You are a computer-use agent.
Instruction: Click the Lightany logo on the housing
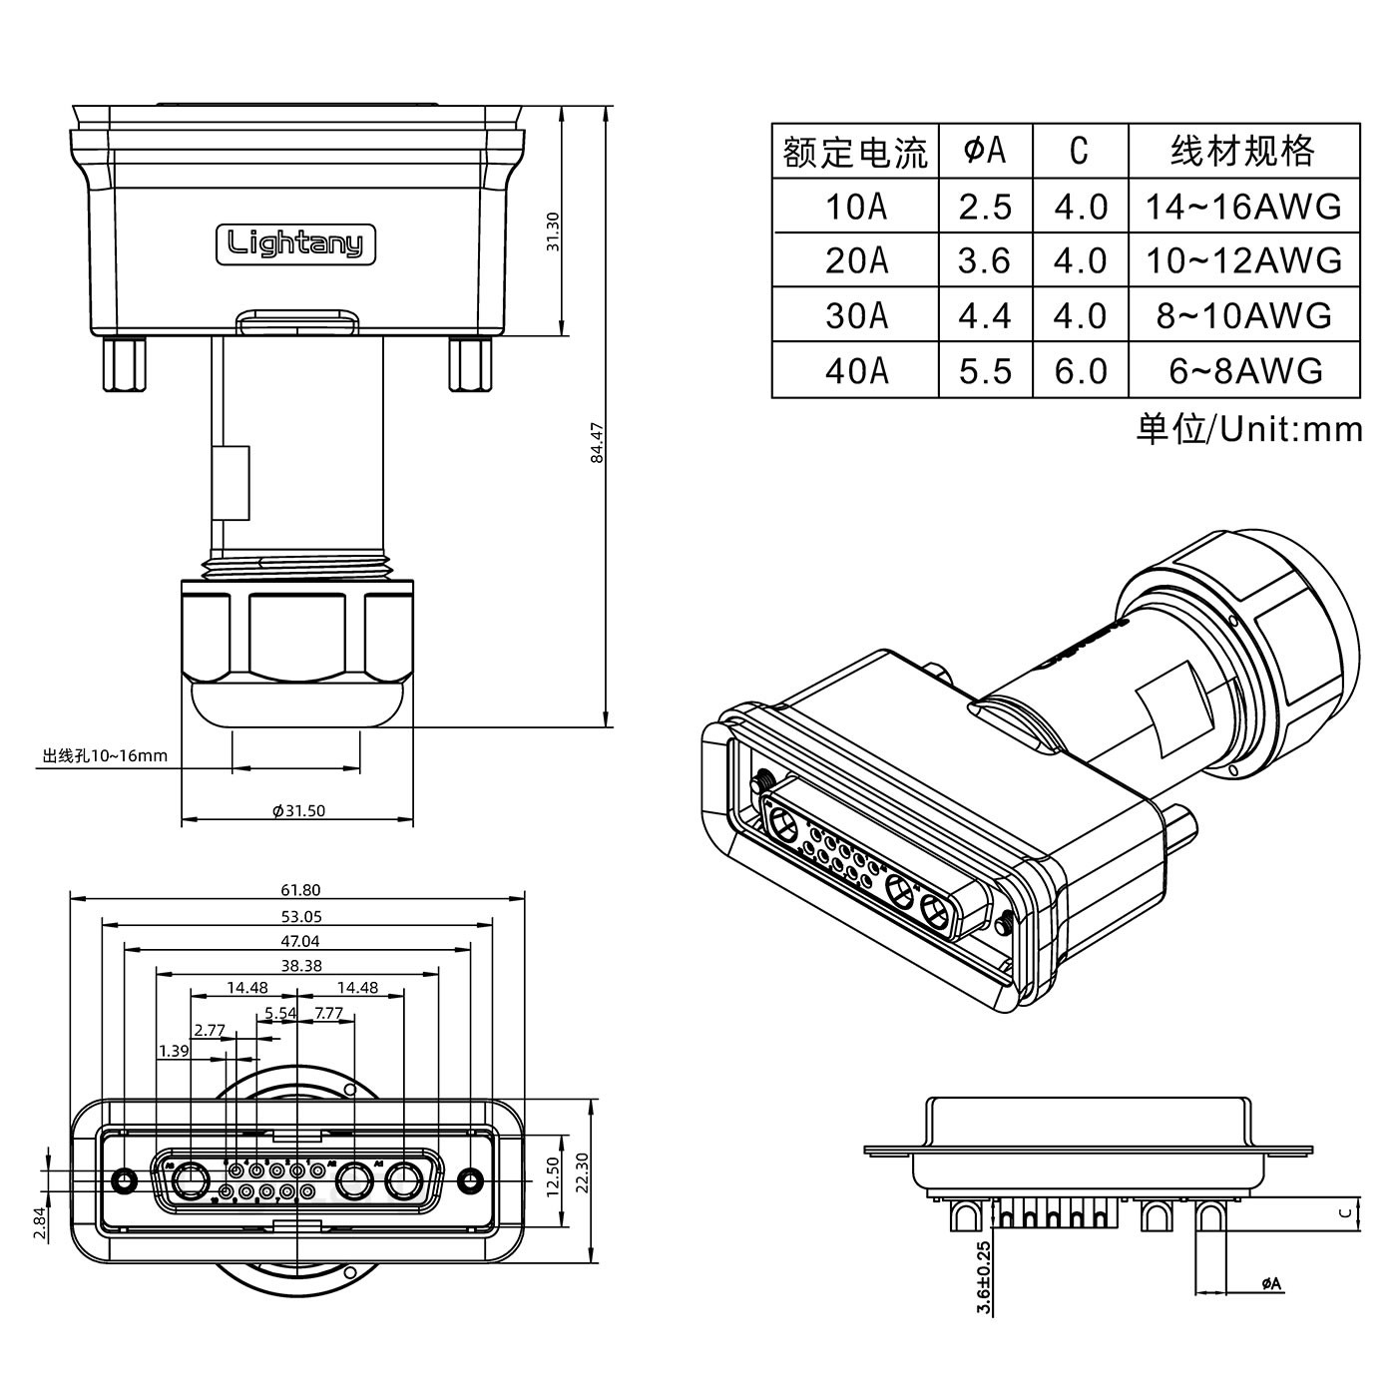click(295, 243)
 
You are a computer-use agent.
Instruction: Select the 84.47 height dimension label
click(597, 443)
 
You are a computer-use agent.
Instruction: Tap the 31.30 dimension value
click(554, 233)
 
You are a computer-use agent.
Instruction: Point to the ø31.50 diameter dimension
click(299, 810)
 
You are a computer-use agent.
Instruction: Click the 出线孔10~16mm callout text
click(105, 755)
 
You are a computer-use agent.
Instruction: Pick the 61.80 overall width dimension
click(300, 890)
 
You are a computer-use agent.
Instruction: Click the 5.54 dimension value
click(280, 1013)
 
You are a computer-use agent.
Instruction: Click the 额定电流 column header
click(855, 152)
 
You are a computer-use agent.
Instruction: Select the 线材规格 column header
click(1243, 152)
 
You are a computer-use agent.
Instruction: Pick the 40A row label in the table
click(855, 370)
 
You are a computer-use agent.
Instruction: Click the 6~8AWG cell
click(1244, 370)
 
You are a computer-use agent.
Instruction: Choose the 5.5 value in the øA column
click(985, 370)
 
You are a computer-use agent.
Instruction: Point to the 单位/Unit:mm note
click(1248, 429)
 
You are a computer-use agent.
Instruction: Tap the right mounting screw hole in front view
click(470, 1181)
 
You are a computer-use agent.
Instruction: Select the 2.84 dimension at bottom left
click(38, 1222)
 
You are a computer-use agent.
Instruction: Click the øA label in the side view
click(1271, 1283)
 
